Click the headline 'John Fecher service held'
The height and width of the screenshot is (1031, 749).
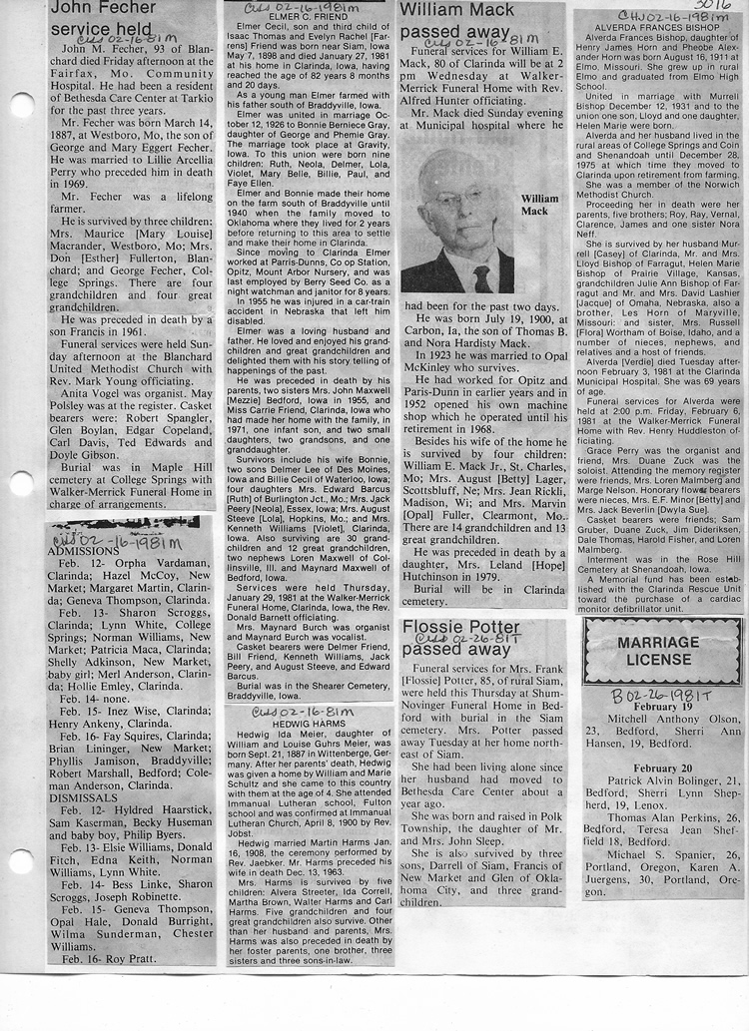[103, 18]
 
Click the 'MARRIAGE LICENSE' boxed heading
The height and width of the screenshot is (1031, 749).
[662, 651]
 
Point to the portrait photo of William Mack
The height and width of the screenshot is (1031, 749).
[457, 227]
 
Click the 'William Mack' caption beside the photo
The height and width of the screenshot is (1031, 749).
[539, 206]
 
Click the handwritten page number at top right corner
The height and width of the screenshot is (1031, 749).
[716, 6]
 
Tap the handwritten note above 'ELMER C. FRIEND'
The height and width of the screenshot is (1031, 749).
[293, 8]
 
